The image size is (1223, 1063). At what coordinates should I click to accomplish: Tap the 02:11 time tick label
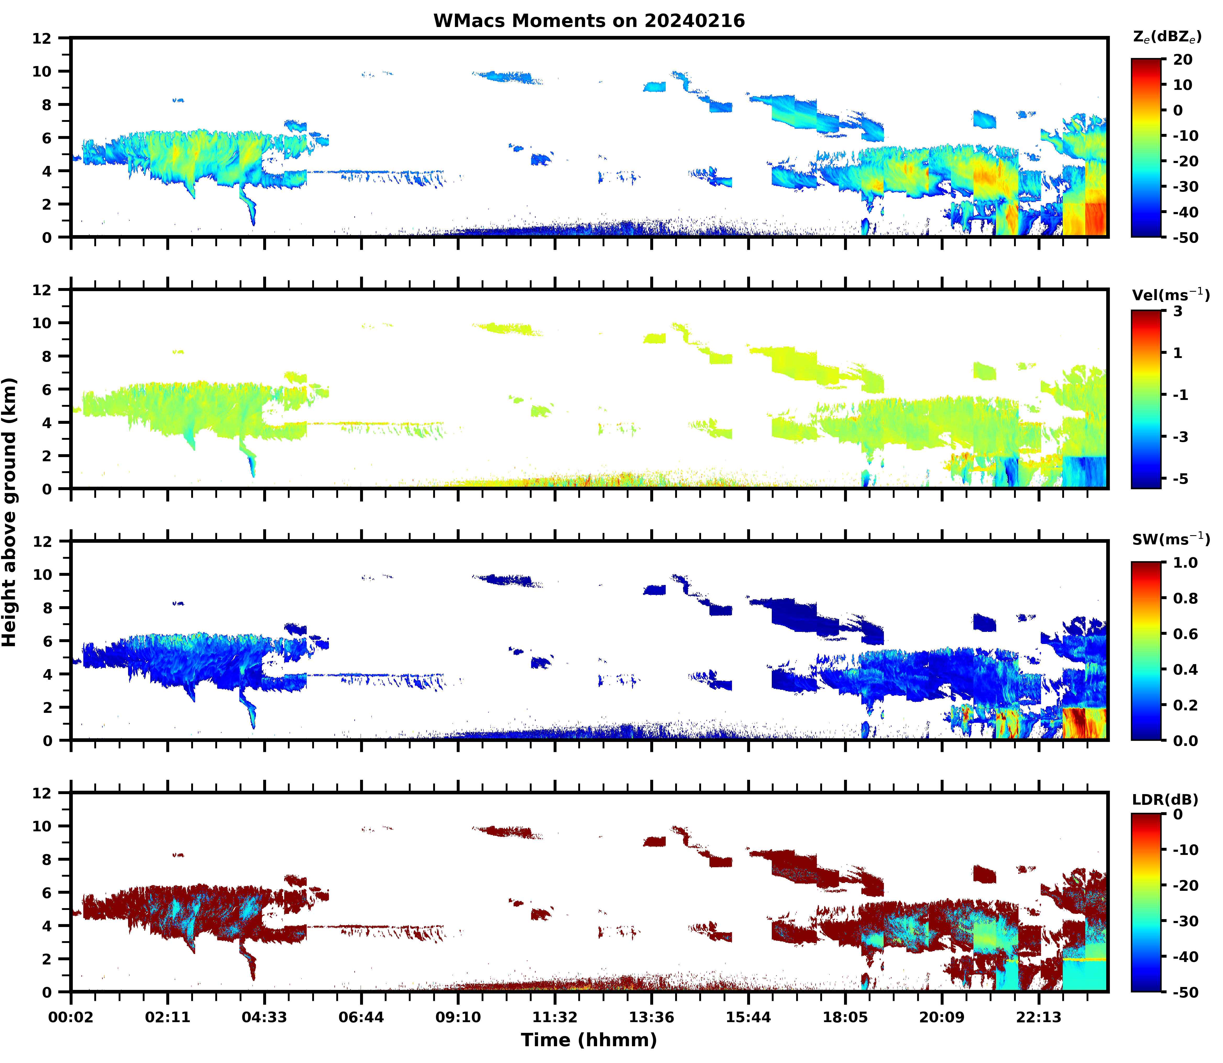[168, 1017]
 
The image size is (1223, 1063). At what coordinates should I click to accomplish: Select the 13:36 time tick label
[652, 1017]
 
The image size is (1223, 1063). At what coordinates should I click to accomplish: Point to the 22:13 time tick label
[1039, 1017]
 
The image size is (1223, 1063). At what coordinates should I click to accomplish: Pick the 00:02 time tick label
[71, 1017]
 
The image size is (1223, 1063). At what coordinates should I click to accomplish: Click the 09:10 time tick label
[458, 1017]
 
